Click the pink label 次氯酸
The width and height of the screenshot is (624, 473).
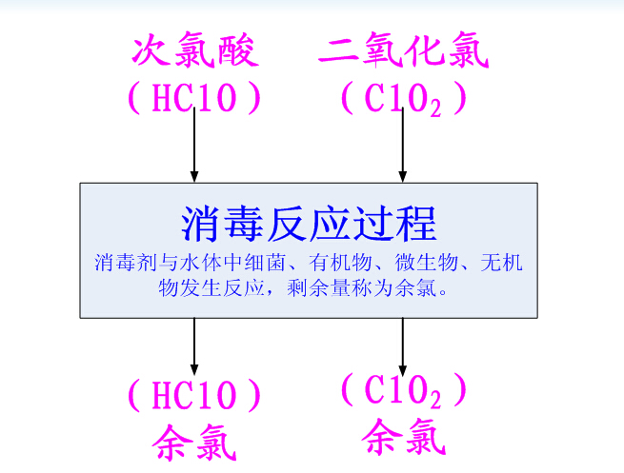(195, 50)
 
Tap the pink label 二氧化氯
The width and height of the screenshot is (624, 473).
(404, 50)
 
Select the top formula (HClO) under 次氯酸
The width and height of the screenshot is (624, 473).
(194, 98)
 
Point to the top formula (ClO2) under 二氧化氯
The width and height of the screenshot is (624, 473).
(404, 99)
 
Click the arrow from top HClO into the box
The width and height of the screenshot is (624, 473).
(194, 145)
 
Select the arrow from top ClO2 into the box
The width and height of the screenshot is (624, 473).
(403, 145)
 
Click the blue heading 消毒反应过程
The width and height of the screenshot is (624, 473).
(309, 225)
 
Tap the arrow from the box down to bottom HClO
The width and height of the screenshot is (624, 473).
(194, 346)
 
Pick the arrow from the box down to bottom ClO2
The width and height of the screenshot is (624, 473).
(403, 346)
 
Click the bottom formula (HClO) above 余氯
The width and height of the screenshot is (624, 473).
(194, 395)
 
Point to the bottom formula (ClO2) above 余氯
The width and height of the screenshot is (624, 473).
(404, 391)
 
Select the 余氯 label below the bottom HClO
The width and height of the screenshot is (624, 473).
(194, 443)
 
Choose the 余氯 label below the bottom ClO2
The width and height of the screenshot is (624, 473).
(404, 437)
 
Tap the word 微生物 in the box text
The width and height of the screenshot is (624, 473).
(426, 263)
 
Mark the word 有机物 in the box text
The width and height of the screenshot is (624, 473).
(340, 263)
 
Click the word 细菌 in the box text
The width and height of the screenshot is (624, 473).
(265, 263)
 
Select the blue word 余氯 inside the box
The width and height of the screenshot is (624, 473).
(416, 288)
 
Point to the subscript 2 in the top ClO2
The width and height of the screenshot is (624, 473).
(435, 108)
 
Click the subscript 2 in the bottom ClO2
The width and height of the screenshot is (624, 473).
(435, 399)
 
